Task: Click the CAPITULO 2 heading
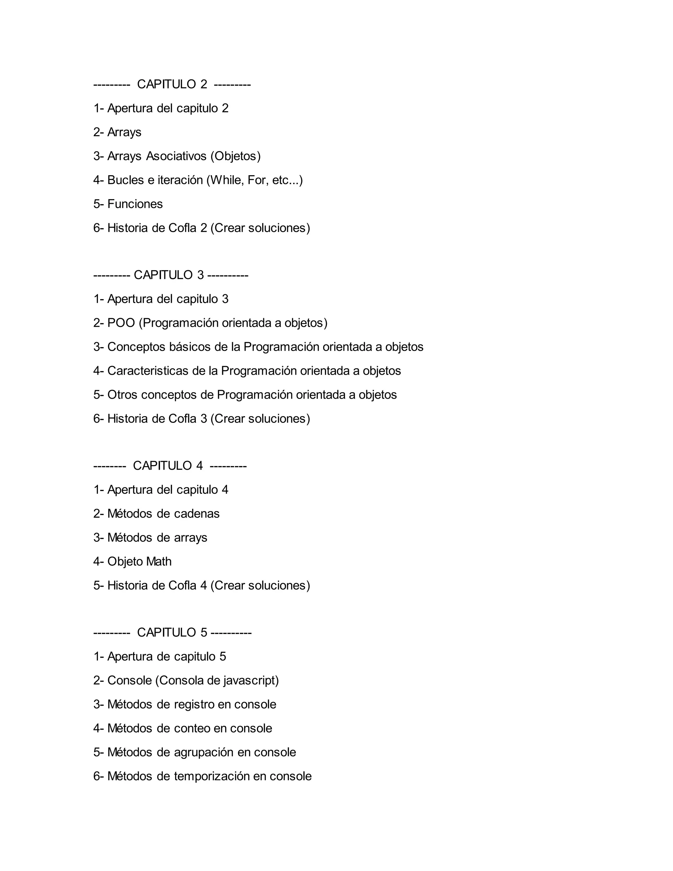172,84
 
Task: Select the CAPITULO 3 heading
169,275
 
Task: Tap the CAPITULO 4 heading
168,465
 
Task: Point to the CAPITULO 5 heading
172,632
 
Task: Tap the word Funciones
135,204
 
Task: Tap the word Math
159,561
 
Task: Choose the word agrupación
204,752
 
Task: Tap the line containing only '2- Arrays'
117,132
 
